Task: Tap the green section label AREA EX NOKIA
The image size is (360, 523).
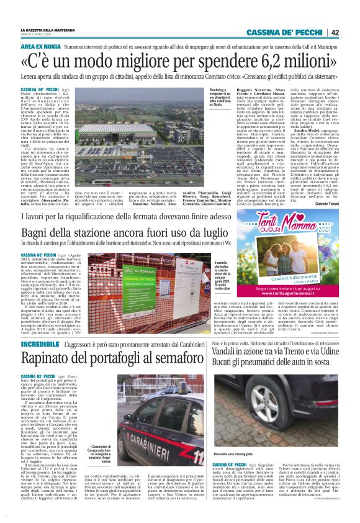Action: coord(40,47)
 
